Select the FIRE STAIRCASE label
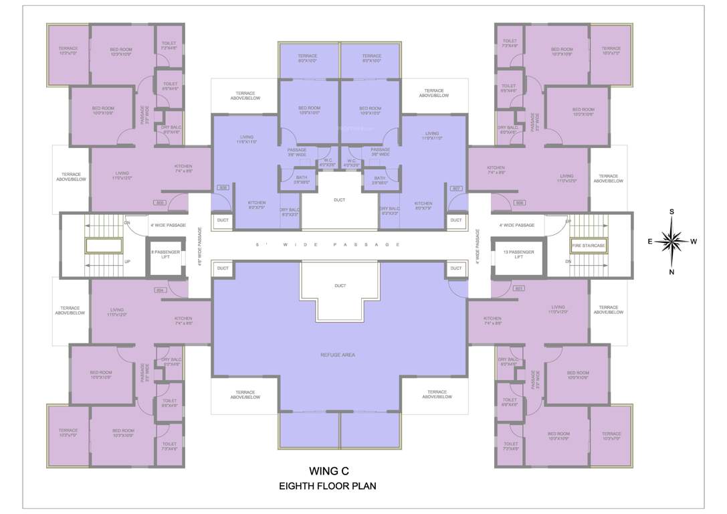point(588,246)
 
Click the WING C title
point(328,470)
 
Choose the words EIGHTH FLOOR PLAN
point(328,487)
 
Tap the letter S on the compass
point(672,211)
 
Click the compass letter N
point(672,272)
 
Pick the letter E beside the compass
point(649,242)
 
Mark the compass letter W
point(694,242)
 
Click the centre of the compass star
point(671,242)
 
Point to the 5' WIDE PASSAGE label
point(328,245)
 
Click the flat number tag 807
point(457,188)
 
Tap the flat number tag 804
point(160,290)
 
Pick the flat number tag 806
point(224,188)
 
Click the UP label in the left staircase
point(127,262)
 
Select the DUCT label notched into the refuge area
point(340,286)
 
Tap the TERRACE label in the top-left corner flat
point(68,48)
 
